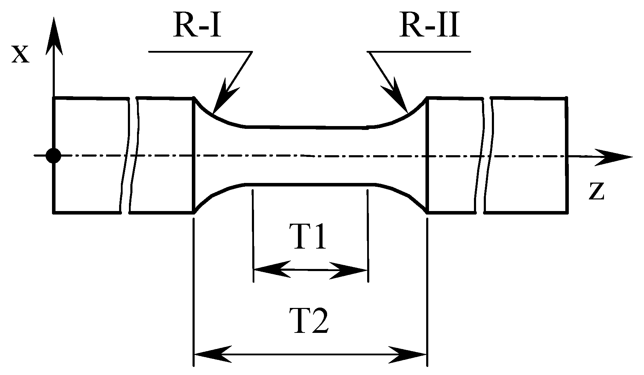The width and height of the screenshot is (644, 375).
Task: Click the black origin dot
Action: click(x=53, y=155)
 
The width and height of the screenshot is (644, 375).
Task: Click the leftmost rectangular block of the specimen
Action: click(x=88, y=155)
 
